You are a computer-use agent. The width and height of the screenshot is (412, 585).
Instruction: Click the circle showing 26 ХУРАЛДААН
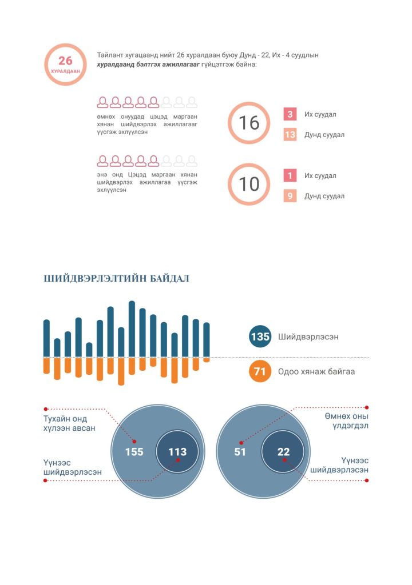coord(65,64)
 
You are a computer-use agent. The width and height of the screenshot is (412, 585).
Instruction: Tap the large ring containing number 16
coord(249,123)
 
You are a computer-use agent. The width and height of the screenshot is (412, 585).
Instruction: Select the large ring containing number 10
coord(249,184)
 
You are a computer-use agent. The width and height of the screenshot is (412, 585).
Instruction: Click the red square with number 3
coord(290,114)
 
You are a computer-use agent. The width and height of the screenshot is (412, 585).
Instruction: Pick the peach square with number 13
coord(290,135)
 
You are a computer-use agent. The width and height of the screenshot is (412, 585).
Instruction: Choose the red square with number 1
coord(290,175)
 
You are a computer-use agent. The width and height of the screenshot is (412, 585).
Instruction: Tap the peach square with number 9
coord(290,196)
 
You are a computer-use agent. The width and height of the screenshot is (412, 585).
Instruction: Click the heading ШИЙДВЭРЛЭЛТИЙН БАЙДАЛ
coord(116,279)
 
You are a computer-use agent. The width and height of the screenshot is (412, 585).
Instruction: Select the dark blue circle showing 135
coord(260,336)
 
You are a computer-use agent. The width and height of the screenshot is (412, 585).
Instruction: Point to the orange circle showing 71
coord(260,371)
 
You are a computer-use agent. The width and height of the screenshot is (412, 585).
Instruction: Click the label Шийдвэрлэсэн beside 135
coord(308,336)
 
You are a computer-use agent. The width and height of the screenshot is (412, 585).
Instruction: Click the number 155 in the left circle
coord(134,452)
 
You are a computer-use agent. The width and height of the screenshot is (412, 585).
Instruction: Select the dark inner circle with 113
coord(177,452)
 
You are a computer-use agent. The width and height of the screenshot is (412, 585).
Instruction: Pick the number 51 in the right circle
coord(240,452)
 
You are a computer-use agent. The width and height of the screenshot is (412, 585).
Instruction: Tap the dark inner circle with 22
coord(283,452)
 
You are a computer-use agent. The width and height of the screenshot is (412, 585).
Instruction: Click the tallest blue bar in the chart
coord(132,328)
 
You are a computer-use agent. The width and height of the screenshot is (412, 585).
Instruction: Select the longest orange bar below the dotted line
coord(121,371)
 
